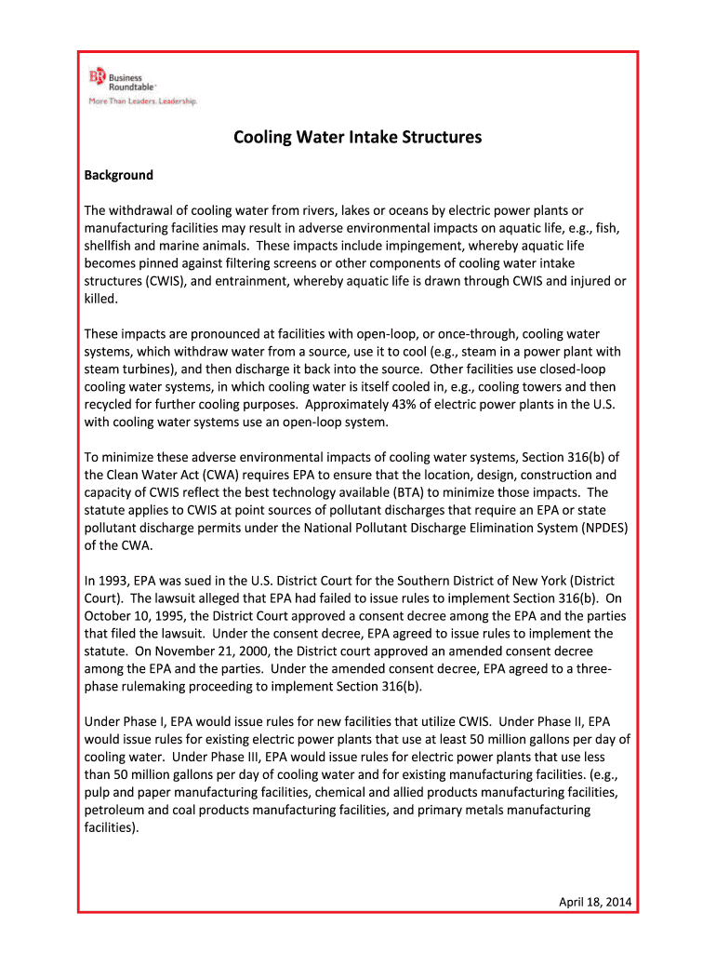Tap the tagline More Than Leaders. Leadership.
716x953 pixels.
point(142,101)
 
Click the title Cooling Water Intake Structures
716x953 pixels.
point(357,138)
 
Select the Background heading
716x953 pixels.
point(119,175)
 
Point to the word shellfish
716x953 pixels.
point(113,246)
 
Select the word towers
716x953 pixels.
point(550,386)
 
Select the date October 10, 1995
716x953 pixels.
point(137,616)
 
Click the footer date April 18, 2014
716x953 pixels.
point(593,902)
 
